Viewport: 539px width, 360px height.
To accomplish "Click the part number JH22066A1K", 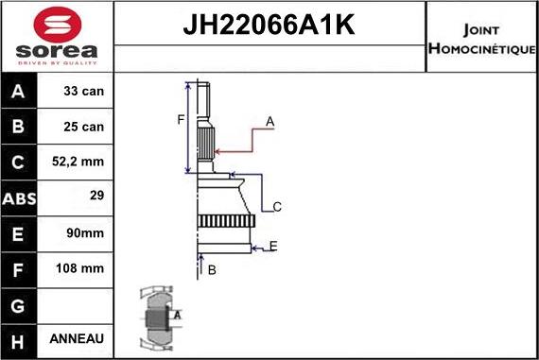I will (269, 26).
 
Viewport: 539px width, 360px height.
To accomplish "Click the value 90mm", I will (86, 232).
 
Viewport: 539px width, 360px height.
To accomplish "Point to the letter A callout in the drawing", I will (269, 121).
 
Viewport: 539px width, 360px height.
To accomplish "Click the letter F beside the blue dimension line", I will (180, 118).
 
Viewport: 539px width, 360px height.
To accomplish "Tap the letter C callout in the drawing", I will (277, 206).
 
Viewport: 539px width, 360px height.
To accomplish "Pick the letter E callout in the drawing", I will (272, 247).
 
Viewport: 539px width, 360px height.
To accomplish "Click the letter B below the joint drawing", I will (212, 270).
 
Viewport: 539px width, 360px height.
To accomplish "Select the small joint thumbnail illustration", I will (159, 318).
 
